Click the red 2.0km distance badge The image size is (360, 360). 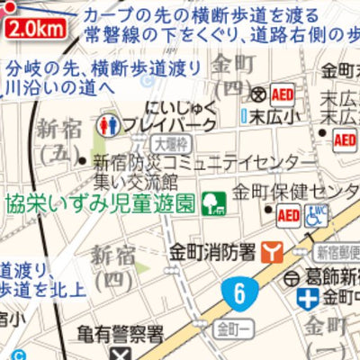(37, 29)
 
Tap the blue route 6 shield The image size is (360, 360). (238, 292)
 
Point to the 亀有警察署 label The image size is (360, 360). (120, 336)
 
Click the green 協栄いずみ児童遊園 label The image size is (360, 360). (101, 202)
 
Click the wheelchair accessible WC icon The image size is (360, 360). (318, 216)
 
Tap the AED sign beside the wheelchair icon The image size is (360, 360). (289, 216)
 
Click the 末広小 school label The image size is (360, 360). (267, 116)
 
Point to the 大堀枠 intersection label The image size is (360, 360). (167, 142)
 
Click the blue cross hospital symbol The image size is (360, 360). (309, 298)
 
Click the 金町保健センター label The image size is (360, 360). (296, 191)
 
